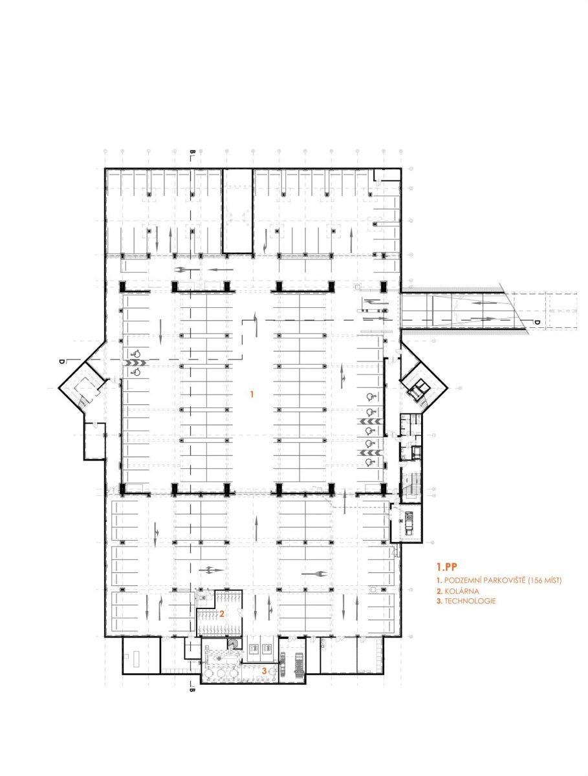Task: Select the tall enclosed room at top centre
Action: click(x=237, y=211)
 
